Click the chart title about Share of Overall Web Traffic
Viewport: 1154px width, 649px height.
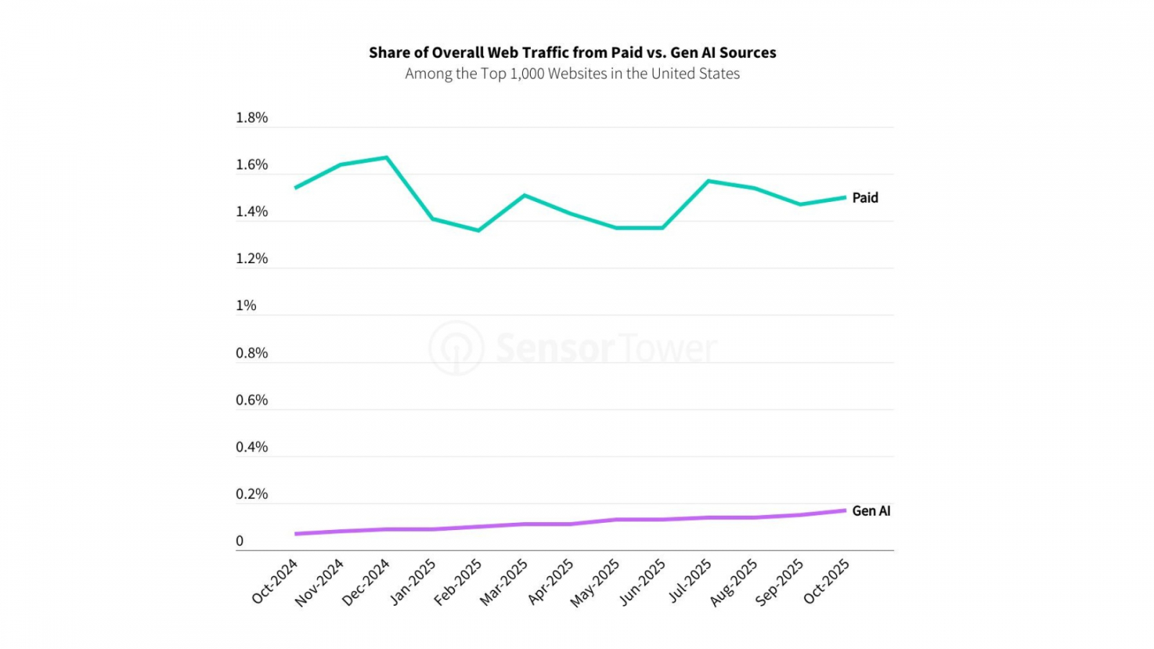[x=572, y=53]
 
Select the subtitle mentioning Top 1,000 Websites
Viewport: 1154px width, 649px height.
[x=572, y=74]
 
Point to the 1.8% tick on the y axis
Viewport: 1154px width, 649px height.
[x=252, y=118]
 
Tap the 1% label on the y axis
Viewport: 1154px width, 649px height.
[x=246, y=306]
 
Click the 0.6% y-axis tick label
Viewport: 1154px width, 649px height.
[x=252, y=400]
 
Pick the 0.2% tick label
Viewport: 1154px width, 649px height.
[x=252, y=494]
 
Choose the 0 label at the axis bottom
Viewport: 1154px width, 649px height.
[x=239, y=541]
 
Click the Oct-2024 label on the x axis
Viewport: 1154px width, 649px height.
[x=275, y=580]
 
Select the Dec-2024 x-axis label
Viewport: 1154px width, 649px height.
[x=366, y=582]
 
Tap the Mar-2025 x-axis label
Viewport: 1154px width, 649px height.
[x=504, y=581]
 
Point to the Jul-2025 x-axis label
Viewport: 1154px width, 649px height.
[x=690, y=580]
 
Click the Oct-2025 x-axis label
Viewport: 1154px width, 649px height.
[x=827, y=580]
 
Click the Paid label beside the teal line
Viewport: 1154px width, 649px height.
[x=865, y=198]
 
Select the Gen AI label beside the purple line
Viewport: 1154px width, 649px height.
[x=871, y=511]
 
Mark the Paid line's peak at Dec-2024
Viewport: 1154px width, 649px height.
[x=387, y=157]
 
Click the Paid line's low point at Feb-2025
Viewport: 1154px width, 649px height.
[x=478, y=231]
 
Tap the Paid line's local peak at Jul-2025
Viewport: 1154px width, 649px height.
[x=709, y=181]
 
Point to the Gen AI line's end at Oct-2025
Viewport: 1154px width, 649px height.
[x=845, y=511]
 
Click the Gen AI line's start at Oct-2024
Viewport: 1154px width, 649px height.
[x=296, y=534]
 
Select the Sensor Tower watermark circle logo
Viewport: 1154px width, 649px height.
[x=456, y=348]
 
